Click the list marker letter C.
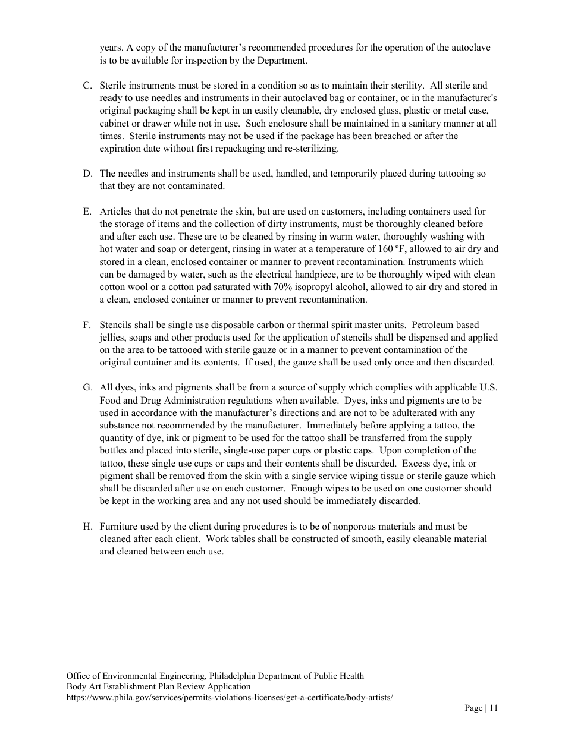point(87,86)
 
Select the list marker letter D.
point(87,174)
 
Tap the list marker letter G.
point(87,387)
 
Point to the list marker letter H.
point(87,527)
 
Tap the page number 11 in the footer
point(494,708)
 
